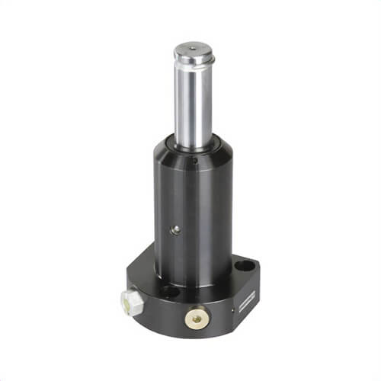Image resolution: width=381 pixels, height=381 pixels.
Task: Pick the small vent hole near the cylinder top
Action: (195, 162)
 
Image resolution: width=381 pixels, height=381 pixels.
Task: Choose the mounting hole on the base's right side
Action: (243, 267)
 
